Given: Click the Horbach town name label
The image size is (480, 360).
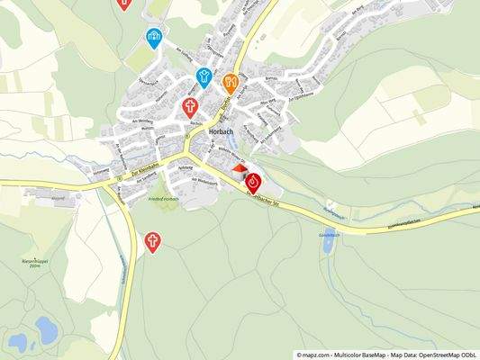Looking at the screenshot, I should click(222, 130).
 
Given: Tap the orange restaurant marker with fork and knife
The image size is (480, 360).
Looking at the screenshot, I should click(231, 83).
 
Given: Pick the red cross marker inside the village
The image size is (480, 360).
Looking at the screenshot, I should click(190, 107).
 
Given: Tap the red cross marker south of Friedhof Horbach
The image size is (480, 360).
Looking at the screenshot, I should click(154, 240).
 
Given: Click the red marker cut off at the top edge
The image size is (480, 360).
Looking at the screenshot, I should click(125, 4).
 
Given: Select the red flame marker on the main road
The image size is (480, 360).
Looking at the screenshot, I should click(253, 182).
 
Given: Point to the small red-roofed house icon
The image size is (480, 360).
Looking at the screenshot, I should click(239, 167).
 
